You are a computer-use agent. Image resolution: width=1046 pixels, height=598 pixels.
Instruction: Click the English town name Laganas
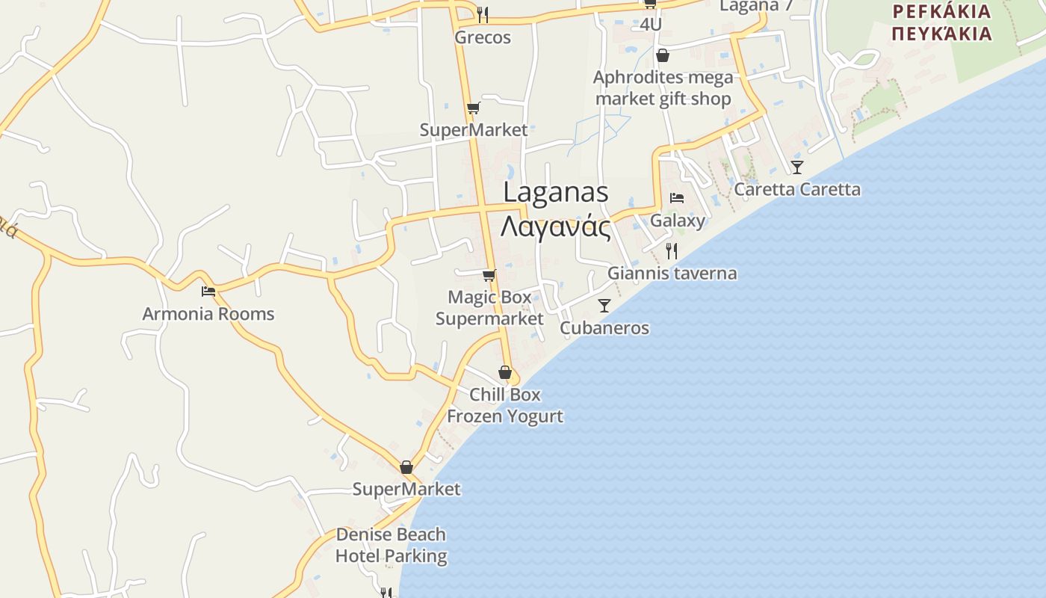click(555, 192)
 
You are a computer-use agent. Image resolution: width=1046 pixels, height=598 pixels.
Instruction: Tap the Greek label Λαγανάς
click(555, 226)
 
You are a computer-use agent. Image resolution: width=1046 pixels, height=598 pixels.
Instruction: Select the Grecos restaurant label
click(483, 37)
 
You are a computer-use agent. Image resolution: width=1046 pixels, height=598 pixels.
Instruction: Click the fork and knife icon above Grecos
click(483, 14)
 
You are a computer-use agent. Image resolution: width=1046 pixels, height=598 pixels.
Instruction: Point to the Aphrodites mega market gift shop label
click(663, 88)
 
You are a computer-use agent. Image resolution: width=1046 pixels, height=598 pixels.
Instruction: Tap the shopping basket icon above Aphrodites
click(663, 55)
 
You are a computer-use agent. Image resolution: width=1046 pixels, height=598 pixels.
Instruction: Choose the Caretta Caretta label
click(797, 189)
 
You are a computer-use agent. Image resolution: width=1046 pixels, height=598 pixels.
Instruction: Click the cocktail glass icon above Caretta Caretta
click(797, 167)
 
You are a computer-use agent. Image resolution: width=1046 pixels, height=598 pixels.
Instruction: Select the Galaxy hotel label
click(677, 221)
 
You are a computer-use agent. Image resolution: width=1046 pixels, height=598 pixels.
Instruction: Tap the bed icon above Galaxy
click(677, 198)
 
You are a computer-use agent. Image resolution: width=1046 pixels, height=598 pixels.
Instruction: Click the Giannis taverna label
click(672, 274)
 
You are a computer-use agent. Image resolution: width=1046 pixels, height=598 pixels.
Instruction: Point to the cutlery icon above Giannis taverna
click(672, 250)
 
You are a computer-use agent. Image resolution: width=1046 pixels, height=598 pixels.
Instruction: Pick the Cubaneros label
click(604, 328)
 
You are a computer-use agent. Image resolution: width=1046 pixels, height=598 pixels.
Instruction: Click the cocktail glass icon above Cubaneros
click(604, 305)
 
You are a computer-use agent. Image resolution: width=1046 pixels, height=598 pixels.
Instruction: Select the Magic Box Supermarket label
click(489, 308)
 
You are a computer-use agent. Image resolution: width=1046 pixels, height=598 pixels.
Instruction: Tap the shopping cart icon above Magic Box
click(489, 275)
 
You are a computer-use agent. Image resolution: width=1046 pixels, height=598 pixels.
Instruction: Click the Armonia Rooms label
click(208, 314)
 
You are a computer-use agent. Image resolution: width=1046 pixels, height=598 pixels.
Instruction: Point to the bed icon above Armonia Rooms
click(208, 291)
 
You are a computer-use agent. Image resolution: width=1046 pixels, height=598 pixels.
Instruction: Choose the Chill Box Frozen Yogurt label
click(505, 405)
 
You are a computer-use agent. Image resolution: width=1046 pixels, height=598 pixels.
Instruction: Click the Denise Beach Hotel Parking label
click(391, 545)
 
